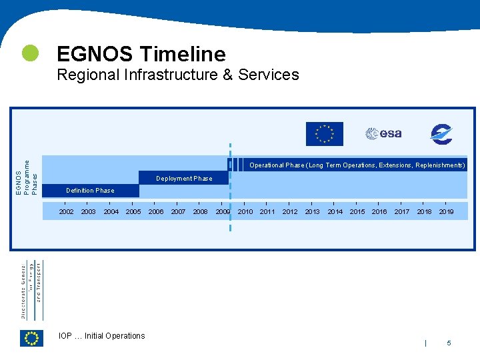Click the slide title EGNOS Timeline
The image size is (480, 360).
click(141, 53)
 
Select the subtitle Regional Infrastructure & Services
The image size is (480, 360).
click(178, 75)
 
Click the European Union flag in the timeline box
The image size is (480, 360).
click(324, 134)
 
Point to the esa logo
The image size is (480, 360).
click(383, 133)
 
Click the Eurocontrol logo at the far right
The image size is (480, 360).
click(441, 134)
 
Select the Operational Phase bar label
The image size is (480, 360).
click(357, 165)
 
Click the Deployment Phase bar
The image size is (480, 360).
click(184, 178)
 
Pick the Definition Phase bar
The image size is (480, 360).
click(90, 191)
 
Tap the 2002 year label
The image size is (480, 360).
click(67, 212)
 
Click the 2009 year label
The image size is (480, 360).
click(223, 212)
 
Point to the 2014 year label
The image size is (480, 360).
click(335, 212)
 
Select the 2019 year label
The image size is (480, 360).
click(446, 212)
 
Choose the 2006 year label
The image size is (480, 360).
click(156, 212)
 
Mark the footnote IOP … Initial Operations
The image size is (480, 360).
click(101, 336)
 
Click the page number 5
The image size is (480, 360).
click(449, 343)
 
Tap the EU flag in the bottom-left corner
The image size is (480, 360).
click(31, 338)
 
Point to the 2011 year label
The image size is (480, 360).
click(267, 212)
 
